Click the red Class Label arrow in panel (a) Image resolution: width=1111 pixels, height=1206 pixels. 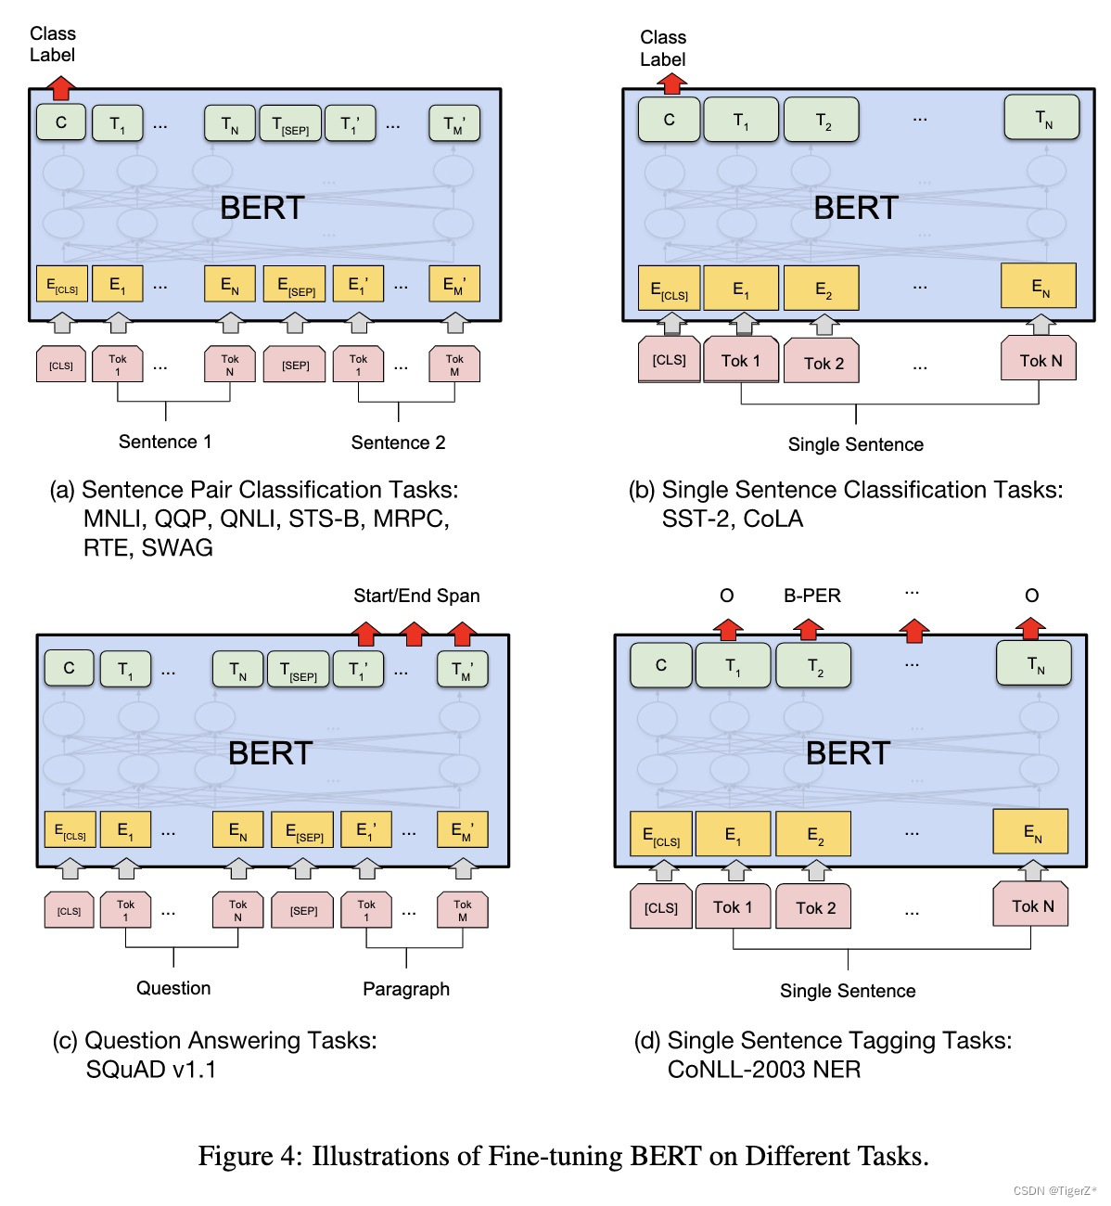[61, 88]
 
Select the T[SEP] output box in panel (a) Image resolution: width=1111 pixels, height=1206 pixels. [290, 124]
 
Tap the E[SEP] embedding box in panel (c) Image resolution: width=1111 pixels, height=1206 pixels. [304, 830]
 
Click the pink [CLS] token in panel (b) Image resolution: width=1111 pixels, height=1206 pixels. [669, 360]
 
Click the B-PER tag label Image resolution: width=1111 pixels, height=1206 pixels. [812, 596]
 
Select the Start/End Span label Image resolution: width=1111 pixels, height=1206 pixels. [416, 596]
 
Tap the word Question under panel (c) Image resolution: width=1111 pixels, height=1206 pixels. [173, 988]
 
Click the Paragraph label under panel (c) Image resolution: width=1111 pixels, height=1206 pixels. [406, 989]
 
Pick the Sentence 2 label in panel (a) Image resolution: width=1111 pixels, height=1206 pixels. [398, 443]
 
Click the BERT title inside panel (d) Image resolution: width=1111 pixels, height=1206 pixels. [848, 753]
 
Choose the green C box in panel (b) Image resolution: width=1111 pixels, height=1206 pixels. [669, 120]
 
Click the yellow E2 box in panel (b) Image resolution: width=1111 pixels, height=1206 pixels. [823, 289]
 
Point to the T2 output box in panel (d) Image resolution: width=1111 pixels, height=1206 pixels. [814, 666]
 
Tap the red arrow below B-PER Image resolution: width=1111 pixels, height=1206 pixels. [809, 630]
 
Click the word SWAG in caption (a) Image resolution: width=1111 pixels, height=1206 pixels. [177, 547]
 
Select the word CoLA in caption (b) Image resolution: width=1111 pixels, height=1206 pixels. [773, 519]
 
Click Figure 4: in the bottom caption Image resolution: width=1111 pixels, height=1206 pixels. [249, 1156]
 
